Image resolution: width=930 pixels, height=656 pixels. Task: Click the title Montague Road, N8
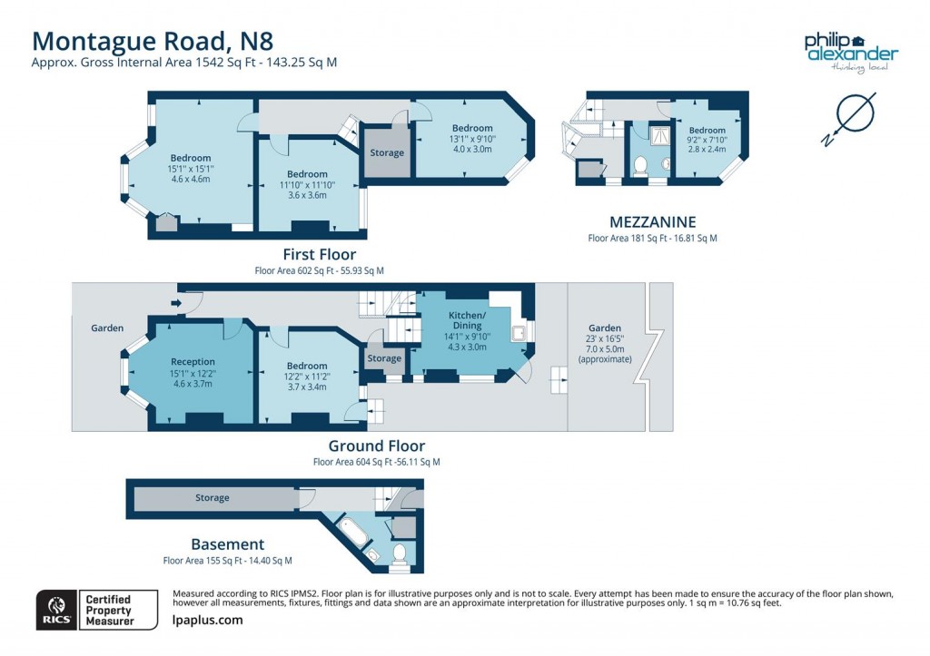tap(153, 41)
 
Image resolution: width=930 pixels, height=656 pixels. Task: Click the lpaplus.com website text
tap(207, 620)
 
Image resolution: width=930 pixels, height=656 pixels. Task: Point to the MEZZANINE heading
tap(652, 221)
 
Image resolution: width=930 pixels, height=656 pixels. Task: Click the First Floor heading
tap(319, 254)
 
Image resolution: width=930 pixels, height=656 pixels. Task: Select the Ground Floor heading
tap(376, 445)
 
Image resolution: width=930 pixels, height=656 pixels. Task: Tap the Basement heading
tap(227, 544)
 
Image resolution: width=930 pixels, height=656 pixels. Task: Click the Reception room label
tap(193, 361)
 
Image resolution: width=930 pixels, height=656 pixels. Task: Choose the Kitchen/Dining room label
tap(467, 319)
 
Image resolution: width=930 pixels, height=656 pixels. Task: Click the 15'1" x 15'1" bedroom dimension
tap(190, 169)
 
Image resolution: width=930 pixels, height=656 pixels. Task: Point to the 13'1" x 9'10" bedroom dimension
tap(472, 139)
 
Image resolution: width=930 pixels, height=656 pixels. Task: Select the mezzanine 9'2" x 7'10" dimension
tap(707, 141)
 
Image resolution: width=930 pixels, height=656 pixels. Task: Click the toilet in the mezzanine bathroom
tap(639, 165)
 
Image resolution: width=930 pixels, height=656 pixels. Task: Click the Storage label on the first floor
tap(387, 152)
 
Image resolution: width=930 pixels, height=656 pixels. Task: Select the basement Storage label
tap(213, 497)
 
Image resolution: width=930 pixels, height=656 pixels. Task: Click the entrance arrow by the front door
tap(173, 304)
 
